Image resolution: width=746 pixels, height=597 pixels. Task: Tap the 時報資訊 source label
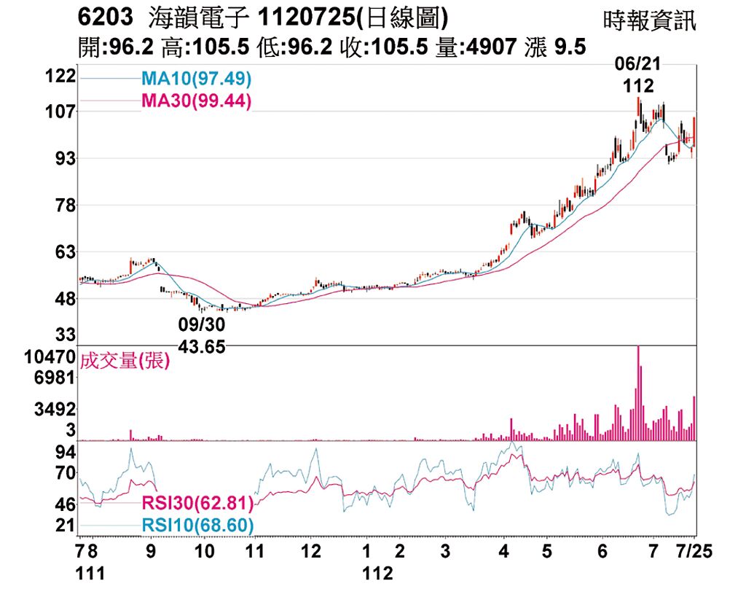pyautogui.click(x=650, y=20)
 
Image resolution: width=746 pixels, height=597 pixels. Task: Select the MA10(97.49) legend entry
pyautogui.click(x=196, y=77)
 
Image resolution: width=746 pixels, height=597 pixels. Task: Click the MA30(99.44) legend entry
pyautogui.click(x=196, y=101)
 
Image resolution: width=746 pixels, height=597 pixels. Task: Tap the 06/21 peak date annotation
pyautogui.click(x=637, y=65)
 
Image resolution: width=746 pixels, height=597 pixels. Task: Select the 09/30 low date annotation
pyautogui.click(x=201, y=324)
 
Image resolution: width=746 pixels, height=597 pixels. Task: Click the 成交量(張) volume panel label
pyautogui.click(x=125, y=361)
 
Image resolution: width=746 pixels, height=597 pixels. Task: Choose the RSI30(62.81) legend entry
pyautogui.click(x=197, y=504)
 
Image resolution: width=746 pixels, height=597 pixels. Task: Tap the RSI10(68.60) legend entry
pyautogui.click(x=197, y=525)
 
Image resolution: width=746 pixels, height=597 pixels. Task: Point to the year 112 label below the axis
pyautogui.click(x=377, y=574)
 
